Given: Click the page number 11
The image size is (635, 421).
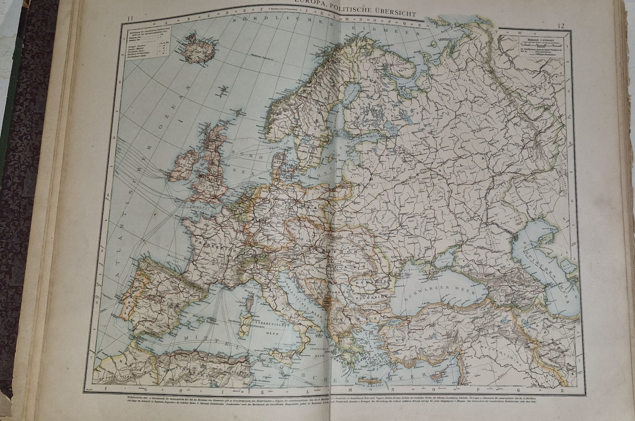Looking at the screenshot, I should [x=128, y=18].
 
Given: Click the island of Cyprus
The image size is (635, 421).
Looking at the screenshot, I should [x=439, y=367].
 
